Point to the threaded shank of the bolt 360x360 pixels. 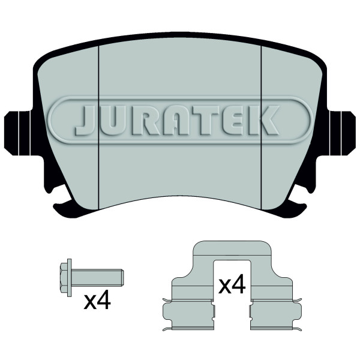pyautogui.click(x=97, y=278)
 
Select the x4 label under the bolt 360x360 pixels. pyautogui.click(x=97, y=301)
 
